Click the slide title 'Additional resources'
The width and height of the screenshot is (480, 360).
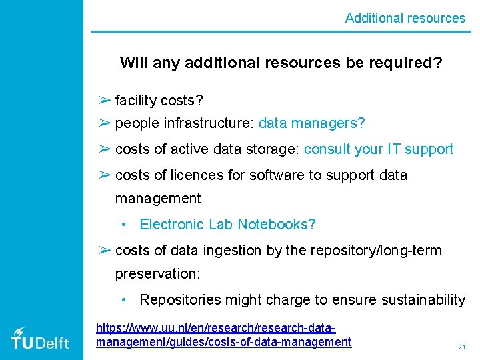405,18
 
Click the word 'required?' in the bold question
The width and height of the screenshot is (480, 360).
409,63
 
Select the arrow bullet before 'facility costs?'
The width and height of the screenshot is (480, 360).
104,100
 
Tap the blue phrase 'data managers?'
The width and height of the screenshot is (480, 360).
312,123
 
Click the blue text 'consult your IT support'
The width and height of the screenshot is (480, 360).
379,149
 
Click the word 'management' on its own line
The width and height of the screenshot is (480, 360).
158,199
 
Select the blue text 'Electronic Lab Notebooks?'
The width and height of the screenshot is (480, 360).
227,225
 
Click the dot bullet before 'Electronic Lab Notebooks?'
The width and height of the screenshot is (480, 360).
125,225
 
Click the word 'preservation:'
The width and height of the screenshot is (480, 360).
158,274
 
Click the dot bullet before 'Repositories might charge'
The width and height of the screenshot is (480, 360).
125,301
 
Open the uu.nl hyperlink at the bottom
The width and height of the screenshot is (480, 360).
223,335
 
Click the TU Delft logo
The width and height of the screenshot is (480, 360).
40,338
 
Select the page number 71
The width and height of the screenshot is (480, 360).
461,347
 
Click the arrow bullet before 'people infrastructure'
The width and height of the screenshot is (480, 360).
104,123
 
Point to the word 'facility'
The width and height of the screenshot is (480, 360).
136,101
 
